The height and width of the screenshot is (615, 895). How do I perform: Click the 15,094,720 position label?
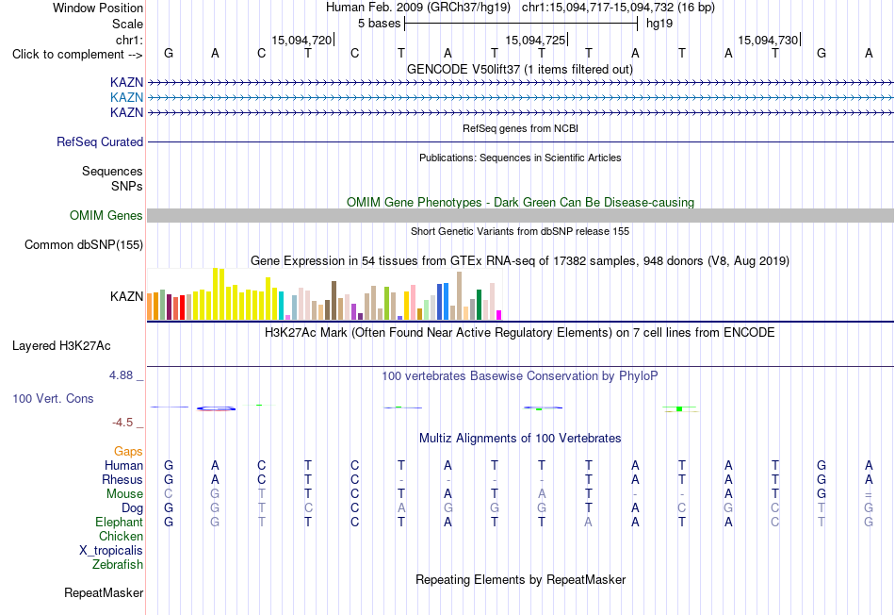click(301, 40)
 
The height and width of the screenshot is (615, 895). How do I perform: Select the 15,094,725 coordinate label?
click(535, 40)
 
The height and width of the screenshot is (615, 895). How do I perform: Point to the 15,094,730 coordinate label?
click(768, 40)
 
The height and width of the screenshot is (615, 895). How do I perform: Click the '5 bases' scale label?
click(379, 24)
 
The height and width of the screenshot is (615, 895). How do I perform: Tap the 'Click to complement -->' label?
click(77, 55)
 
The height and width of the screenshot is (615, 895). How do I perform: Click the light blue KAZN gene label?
click(127, 98)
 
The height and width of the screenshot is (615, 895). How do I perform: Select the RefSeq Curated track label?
click(100, 141)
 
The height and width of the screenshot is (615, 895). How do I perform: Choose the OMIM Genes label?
click(106, 215)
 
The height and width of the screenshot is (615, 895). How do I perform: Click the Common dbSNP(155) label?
click(84, 244)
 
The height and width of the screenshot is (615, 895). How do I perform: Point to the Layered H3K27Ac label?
click(61, 346)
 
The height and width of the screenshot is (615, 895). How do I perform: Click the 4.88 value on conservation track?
click(121, 375)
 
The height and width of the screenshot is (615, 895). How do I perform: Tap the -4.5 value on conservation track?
click(122, 423)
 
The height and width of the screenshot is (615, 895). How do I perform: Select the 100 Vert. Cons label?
click(53, 398)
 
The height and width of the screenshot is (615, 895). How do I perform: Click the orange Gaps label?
click(128, 452)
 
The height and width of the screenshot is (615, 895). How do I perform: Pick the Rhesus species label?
click(122, 479)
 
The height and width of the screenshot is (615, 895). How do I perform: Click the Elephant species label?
click(120, 522)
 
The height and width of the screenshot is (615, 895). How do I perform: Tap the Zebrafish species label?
click(118, 564)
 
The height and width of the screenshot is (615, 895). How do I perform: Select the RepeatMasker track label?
click(104, 592)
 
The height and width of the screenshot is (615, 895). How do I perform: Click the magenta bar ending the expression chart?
click(499, 315)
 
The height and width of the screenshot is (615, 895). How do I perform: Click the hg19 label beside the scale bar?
click(659, 24)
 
